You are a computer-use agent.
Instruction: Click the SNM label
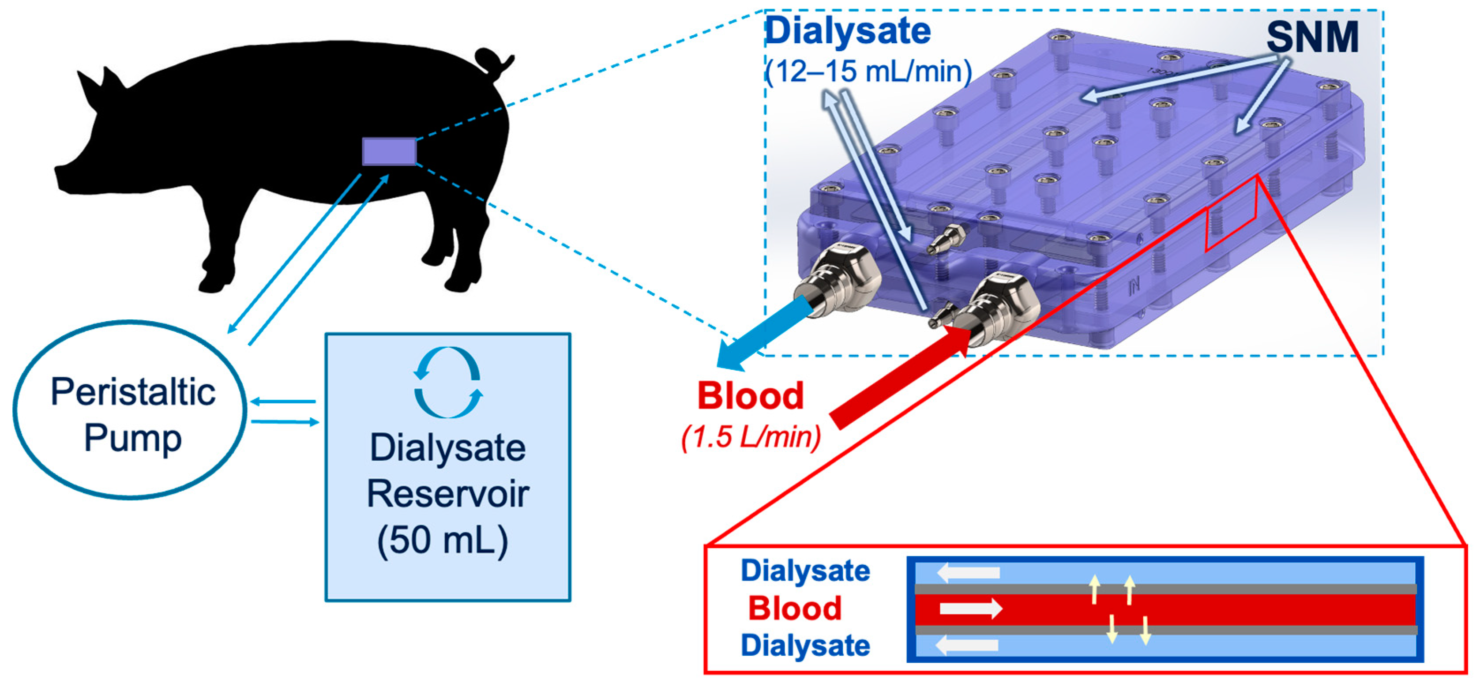click(x=1312, y=38)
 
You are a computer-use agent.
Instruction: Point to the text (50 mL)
click(x=443, y=540)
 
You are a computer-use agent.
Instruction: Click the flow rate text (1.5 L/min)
click(x=751, y=437)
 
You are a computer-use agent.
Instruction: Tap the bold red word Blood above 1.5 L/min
click(x=750, y=396)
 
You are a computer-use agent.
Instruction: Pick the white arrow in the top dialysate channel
click(x=968, y=573)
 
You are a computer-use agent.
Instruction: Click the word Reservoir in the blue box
click(x=447, y=494)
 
